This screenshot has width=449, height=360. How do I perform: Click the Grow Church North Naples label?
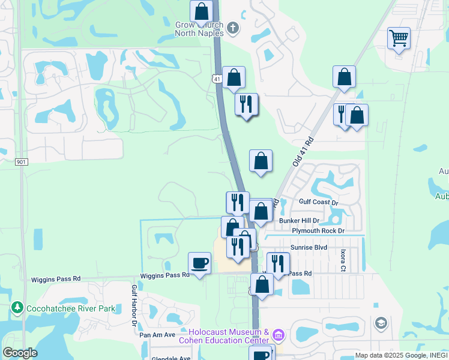coord(199,29)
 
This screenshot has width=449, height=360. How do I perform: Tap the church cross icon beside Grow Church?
coord(232,27)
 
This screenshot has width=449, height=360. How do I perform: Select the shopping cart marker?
coord(399,39)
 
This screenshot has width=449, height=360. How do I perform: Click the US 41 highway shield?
coord(216,79)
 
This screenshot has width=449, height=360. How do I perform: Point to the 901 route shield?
coord(22,162)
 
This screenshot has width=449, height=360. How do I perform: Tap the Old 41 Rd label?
coord(303,152)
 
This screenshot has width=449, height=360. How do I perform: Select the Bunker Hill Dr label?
coord(299,221)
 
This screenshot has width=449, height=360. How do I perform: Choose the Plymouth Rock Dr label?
coord(318,231)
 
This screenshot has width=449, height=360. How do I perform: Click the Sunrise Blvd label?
coord(309,247)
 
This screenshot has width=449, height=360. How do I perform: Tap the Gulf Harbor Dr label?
coord(134,306)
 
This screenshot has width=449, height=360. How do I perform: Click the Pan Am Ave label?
coord(157,335)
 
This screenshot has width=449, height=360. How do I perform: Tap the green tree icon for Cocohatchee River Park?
coord(17,308)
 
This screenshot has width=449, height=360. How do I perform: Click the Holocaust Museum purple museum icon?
coord(277,334)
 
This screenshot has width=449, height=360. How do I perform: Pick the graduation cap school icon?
coord(381,324)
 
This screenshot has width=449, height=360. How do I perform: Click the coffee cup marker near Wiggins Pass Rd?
coord(199,263)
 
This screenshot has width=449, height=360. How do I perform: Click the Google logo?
coord(20,353)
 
